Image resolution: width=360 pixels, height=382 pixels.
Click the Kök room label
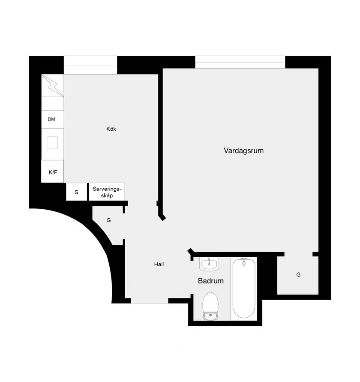tap(111, 129)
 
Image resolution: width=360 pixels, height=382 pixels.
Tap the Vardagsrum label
tap(243, 150)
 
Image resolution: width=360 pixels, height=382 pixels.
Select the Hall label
tap(159, 265)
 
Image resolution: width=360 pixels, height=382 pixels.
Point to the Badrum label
tap(211, 281)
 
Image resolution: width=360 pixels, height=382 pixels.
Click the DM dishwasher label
tap(51, 119)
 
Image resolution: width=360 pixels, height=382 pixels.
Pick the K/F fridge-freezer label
tap(53, 172)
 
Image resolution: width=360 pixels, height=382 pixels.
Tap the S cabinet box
tap(76, 192)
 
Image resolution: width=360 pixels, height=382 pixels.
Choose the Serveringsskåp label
tap(107, 192)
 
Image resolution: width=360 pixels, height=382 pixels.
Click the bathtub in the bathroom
tap(244, 289)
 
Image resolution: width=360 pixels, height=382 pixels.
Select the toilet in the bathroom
tap(210, 306)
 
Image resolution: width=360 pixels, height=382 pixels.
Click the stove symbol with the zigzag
tap(53, 85)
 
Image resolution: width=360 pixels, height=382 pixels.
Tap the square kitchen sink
tap(52, 143)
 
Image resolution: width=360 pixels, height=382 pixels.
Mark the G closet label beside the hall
tap(108, 220)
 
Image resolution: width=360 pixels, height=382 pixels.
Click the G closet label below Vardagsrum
tap(298, 275)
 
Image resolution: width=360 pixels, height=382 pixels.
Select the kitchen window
tap(90, 65)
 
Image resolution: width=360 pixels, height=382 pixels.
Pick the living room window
tap(240, 62)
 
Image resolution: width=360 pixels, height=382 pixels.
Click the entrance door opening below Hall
tap(150, 301)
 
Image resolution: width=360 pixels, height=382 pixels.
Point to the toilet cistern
tap(210, 316)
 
